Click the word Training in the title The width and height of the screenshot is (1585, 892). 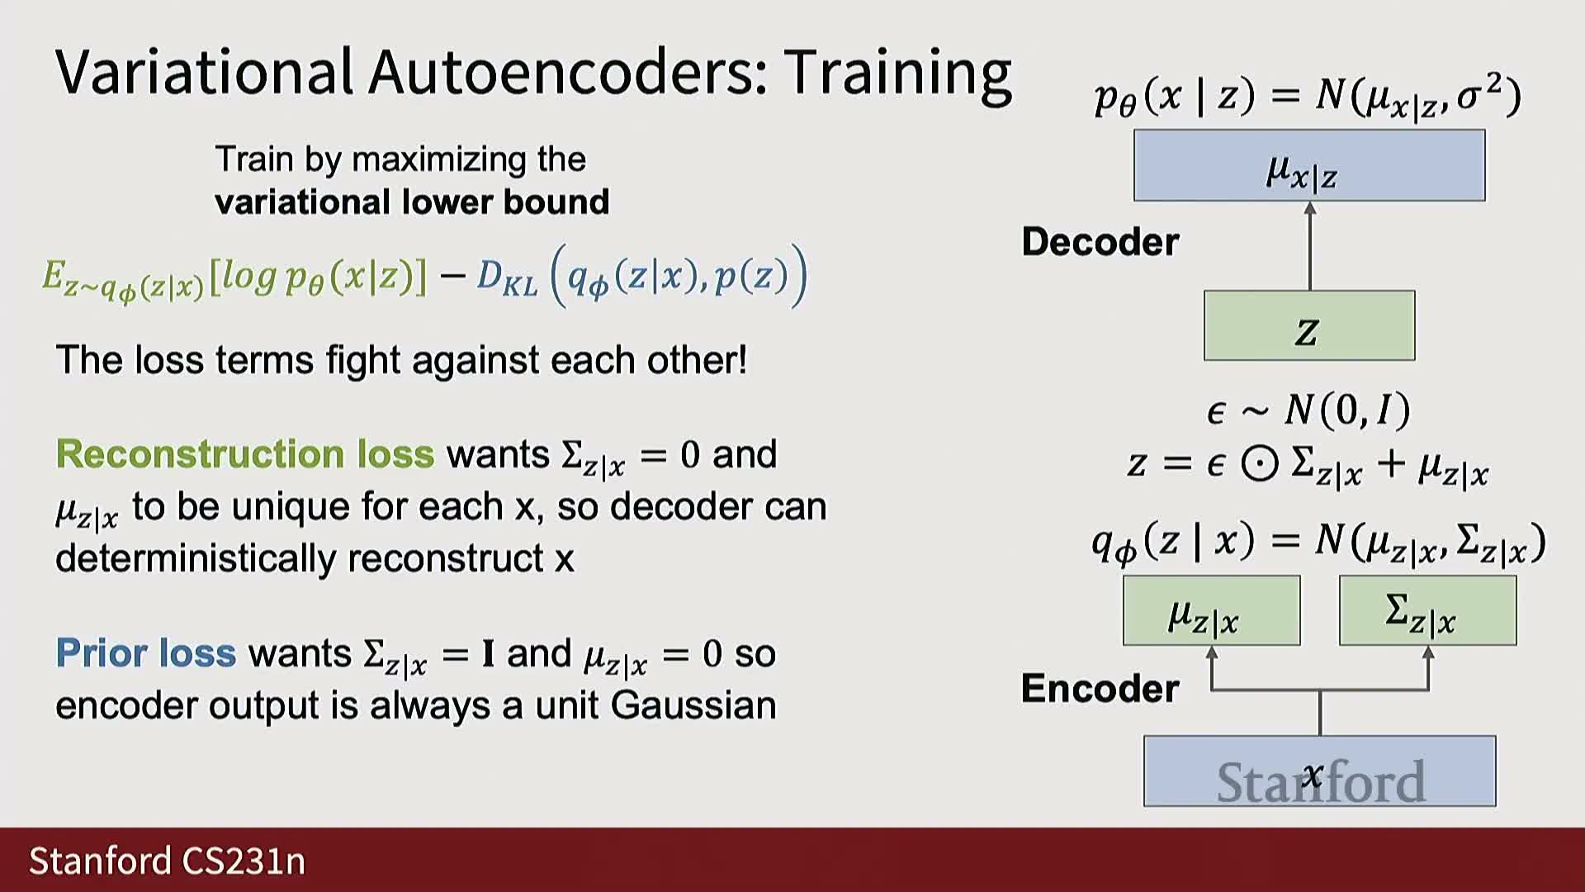point(897,74)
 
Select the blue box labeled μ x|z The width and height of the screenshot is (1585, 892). point(1309,165)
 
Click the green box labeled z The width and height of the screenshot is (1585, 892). point(1309,325)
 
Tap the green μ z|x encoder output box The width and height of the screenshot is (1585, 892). point(1211,610)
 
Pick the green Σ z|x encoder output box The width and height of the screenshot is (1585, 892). point(1428,610)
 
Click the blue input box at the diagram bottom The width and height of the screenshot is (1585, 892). point(1319,771)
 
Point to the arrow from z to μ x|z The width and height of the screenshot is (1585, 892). point(1310,246)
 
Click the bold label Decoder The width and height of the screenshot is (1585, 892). point(1100,242)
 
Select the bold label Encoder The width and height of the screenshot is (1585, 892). point(1100,688)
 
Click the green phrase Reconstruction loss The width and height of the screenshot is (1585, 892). point(245,454)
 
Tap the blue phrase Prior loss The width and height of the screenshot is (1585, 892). point(146,653)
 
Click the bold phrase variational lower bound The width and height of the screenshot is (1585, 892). point(412,202)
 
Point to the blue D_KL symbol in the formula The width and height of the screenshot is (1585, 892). point(507,278)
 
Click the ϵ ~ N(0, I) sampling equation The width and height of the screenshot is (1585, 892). point(1308,410)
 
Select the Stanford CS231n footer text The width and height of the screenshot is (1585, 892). point(168,861)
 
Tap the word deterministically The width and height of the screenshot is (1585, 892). point(196,558)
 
